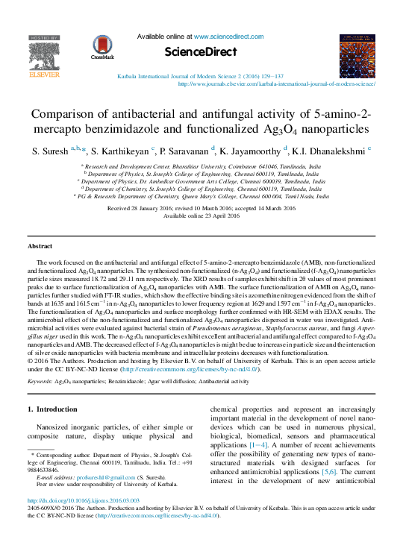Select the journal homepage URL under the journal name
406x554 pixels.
click(x=276, y=84)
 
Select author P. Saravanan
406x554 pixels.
click(x=190, y=151)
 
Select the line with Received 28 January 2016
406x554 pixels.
click(x=202, y=208)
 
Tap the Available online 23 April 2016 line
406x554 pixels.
click(x=202, y=215)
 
